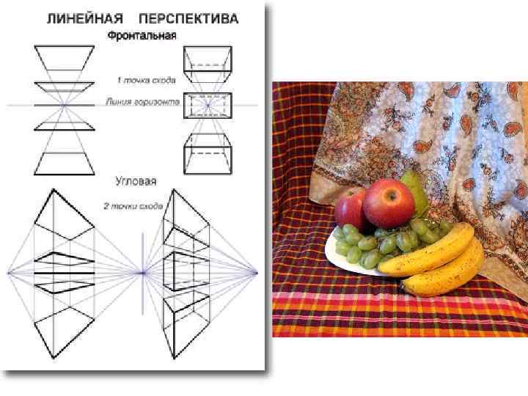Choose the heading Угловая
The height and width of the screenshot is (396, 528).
coord(136,180)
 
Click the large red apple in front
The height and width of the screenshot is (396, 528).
coord(388,203)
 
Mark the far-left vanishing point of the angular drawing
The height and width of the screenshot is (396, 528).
coord(10,273)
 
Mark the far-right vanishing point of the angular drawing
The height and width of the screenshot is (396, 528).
coord(256,273)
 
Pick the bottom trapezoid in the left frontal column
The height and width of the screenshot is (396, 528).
coord(64,163)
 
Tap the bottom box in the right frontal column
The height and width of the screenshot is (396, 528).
coord(208,155)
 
